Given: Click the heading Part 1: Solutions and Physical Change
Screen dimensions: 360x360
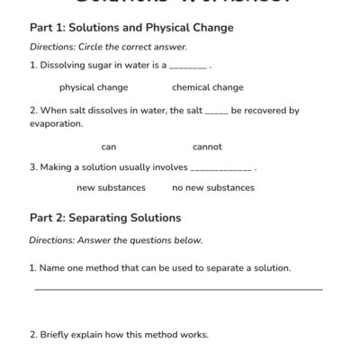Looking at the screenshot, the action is pos(131,28).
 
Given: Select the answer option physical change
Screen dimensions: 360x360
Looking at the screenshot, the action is pos(94,87).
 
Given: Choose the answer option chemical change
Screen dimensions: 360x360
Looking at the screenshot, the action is pos(208,87).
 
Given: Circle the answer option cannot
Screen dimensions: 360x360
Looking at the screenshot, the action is pos(207,147).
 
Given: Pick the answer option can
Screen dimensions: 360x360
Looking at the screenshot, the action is pos(109,147).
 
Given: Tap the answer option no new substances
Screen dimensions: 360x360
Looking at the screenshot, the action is pos(213,188).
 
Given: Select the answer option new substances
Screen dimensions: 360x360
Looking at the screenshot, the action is pos(111,188).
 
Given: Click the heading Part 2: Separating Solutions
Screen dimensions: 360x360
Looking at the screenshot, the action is pos(105,218).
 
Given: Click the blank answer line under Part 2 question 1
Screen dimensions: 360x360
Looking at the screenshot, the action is pos(178,289).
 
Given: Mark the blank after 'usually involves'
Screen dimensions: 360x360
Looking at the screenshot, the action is pos(221,168).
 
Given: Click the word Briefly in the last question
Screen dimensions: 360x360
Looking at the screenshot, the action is pos(54,335).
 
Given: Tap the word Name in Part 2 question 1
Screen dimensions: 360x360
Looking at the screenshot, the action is pos(52,267).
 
